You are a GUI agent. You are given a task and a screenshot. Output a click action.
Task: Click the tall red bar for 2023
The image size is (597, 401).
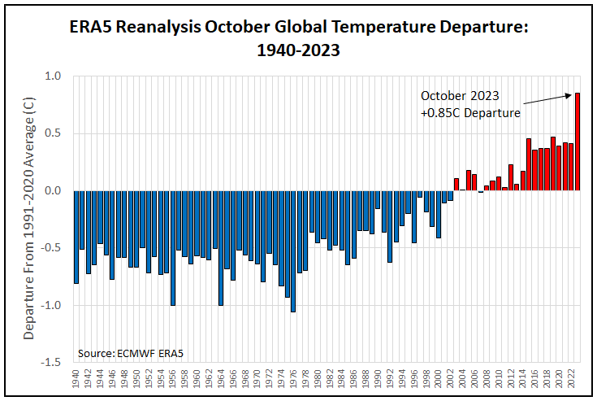click(x=578, y=142)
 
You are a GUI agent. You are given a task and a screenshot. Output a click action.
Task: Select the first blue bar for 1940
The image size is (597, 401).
click(x=76, y=237)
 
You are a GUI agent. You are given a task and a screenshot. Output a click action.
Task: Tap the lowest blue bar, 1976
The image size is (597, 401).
click(x=292, y=251)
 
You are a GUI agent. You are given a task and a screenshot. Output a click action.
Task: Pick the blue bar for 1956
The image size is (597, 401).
click(x=173, y=248)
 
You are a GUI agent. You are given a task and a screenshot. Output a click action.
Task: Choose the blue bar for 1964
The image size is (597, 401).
click(x=221, y=248)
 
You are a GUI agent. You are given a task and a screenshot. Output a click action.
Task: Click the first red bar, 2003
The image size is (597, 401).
click(x=456, y=184)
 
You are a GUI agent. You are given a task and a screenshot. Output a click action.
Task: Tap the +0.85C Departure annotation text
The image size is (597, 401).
click(x=469, y=113)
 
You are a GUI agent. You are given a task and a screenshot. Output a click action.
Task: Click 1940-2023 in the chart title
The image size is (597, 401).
click(x=297, y=49)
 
